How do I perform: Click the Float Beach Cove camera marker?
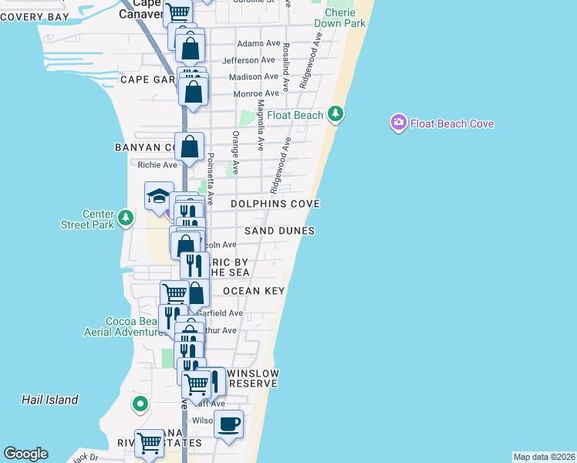point(398,123)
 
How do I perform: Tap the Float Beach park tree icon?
point(335,115)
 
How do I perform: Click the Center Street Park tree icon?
point(125,219)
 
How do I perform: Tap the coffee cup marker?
point(228,424)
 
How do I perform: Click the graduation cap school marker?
point(159,196)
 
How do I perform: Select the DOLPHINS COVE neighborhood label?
point(275,204)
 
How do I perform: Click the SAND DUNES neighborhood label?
point(279,231)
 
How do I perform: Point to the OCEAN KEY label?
point(254,291)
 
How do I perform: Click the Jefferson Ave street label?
point(248,60)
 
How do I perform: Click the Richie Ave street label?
point(157,164)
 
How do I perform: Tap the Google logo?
point(25,454)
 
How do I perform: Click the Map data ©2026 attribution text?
point(544,457)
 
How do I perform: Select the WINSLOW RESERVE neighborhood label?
point(254,378)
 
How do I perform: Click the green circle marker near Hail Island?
point(140,404)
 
